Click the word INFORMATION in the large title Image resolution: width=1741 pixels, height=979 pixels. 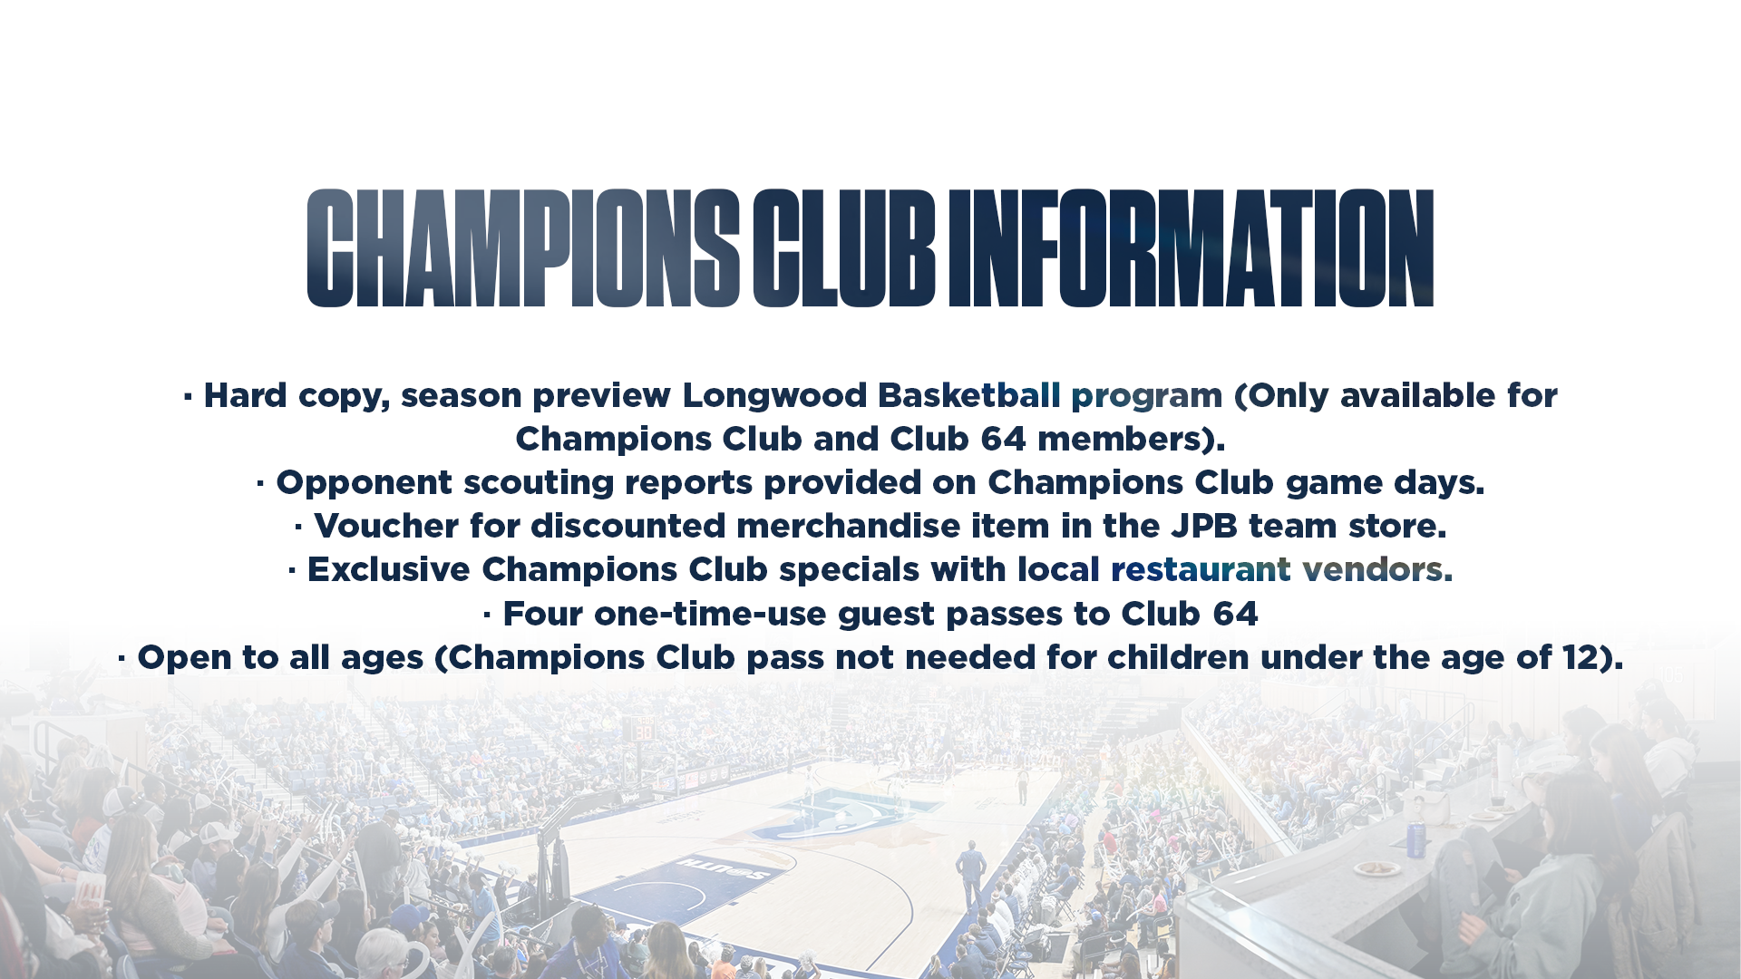pos(1191,248)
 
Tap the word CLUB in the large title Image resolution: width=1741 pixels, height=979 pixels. pos(843,248)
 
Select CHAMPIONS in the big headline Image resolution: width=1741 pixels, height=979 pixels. pos(523,248)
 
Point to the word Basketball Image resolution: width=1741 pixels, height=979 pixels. pos(969,395)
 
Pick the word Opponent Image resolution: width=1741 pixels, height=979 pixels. pos(364,483)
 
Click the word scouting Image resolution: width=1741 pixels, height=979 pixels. pos(539,483)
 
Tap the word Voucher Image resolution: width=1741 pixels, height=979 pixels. pos(385,526)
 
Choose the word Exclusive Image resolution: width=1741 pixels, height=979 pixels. pos(389,569)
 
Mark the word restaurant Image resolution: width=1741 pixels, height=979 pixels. pos(1201,569)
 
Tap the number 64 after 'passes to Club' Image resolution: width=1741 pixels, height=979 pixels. pos(1235,614)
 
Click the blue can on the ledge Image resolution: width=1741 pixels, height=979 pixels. pos(1415,838)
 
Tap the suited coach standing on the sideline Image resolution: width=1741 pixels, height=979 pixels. pos(971,874)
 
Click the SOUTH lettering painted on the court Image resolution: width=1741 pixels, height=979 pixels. pos(725,867)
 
